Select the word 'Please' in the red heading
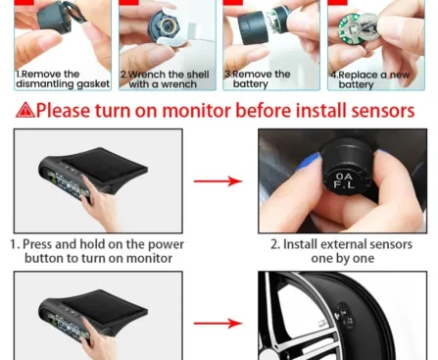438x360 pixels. tap(73, 111)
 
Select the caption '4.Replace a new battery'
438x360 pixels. tap(369, 79)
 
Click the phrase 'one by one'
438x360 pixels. tap(335, 258)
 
